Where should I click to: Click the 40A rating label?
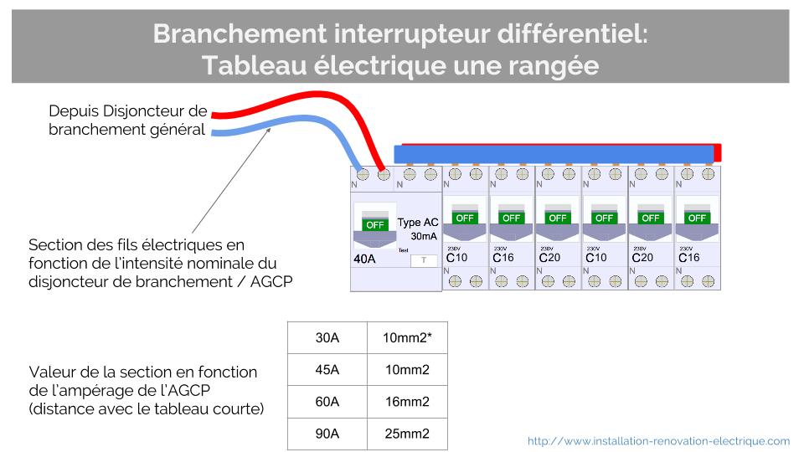point(364,259)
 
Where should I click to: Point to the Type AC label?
point(417,223)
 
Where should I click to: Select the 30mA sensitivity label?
point(424,236)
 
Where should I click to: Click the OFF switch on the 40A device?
point(375,225)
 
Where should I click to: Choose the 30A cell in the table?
point(327,337)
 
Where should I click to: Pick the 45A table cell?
point(327,369)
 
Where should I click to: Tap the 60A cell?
point(327,402)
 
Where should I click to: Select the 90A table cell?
point(327,434)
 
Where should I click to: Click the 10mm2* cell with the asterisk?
point(408,337)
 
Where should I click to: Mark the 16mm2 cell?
point(408,402)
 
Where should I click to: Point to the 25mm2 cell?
point(408,434)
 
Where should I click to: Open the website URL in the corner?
point(658,441)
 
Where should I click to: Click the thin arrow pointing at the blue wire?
point(231,181)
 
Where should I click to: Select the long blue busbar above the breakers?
point(554,155)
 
